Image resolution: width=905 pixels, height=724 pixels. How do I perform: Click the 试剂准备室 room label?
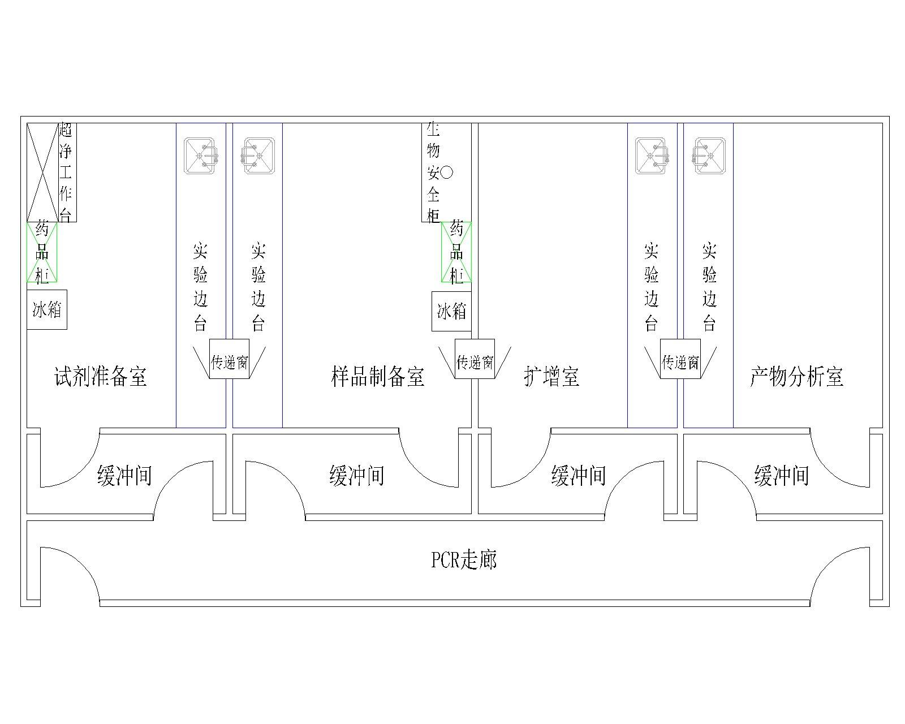[101, 376]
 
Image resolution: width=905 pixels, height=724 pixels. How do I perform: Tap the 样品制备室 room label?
[377, 376]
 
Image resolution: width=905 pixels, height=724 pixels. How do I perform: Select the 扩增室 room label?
[551, 376]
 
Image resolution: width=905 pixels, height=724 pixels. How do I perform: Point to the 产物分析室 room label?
[796, 376]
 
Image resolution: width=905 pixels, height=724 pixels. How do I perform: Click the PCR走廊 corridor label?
[464, 559]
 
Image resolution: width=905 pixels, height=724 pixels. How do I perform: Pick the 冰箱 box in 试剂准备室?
[47, 309]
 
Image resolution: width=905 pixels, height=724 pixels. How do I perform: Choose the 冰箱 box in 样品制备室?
[451, 311]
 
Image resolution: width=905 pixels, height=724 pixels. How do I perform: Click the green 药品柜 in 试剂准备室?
[42, 252]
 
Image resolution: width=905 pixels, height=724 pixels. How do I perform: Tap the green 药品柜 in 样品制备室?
[456, 252]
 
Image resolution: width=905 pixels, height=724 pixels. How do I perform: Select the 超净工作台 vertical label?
[66, 172]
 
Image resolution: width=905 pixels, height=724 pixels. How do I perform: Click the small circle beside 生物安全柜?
[447, 173]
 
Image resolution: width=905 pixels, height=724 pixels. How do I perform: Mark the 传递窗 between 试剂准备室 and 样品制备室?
[229, 359]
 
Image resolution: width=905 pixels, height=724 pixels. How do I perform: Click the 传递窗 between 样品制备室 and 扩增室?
[475, 359]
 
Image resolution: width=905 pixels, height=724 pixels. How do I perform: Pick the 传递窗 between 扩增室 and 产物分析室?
[680, 359]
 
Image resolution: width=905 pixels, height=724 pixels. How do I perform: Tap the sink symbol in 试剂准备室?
[201, 156]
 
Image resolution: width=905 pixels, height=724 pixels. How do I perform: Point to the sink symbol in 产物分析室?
[709, 156]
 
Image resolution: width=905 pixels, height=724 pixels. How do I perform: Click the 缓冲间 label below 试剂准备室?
[124, 476]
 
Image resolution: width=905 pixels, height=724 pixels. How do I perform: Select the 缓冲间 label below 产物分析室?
[781, 476]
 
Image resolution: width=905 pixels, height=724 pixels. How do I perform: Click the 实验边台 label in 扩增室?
[652, 286]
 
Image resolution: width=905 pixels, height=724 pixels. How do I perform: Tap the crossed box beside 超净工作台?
[42, 173]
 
